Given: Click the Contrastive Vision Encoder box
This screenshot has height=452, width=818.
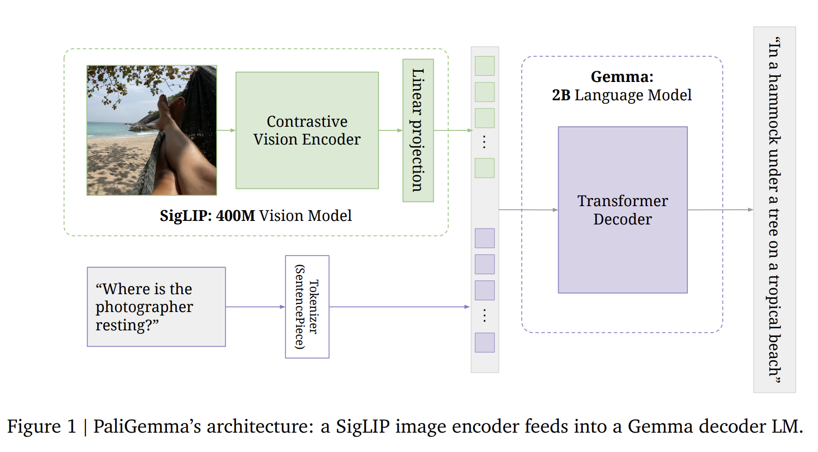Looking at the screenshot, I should tap(307, 130).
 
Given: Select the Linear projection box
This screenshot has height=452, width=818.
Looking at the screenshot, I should tap(418, 130).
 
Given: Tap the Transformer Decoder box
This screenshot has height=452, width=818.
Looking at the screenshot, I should tap(622, 210).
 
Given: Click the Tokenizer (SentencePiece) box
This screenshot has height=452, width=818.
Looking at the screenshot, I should tap(307, 306).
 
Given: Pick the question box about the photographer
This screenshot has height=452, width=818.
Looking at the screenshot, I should tap(156, 306).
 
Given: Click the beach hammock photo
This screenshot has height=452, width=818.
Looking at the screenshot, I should tap(152, 130).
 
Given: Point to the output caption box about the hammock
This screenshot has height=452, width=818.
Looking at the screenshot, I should tap(774, 210).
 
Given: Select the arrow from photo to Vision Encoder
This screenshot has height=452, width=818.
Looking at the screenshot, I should tap(226, 130).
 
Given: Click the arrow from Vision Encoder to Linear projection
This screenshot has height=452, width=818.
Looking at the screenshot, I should tap(391, 130).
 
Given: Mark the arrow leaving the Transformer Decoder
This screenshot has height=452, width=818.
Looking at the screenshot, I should tap(720, 210).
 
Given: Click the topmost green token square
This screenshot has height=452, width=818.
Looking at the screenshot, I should tap(484, 66).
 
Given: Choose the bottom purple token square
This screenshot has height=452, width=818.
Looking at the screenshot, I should tap(484, 343).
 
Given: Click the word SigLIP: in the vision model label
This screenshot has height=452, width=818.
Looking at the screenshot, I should tap(186, 216).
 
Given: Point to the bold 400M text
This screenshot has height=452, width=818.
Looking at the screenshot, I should tap(236, 216).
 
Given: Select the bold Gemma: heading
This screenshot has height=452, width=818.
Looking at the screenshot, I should tap(622, 77).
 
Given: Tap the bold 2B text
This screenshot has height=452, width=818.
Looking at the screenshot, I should tap(561, 95).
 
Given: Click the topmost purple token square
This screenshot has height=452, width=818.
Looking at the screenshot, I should tap(484, 238).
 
